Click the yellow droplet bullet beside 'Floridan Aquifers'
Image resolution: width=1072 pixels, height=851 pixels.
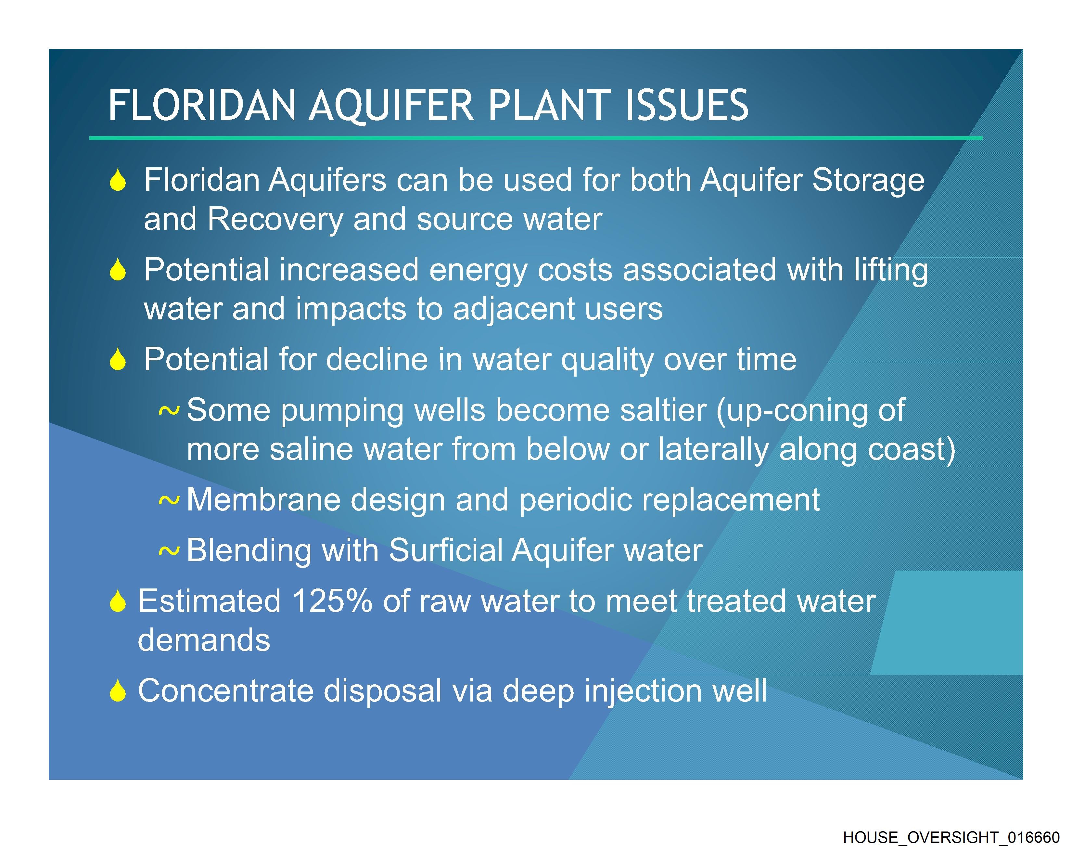(x=118, y=180)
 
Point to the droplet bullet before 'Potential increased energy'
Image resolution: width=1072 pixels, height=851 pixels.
(x=118, y=270)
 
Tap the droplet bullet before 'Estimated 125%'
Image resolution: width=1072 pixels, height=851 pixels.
(x=118, y=601)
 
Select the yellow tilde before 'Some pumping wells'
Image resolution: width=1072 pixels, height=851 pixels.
(x=169, y=411)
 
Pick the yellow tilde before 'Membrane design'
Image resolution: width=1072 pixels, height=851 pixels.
(x=169, y=501)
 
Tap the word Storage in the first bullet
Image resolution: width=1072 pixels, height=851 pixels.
(x=868, y=180)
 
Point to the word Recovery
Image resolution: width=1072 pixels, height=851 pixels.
(x=275, y=219)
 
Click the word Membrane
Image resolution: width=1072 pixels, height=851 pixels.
(x=263, y=500)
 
